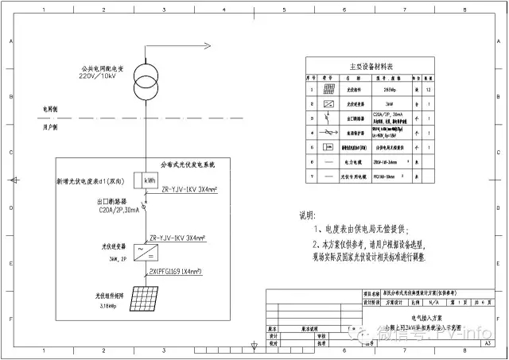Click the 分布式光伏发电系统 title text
pos(188,165)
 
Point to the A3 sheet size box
pos(487,343)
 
